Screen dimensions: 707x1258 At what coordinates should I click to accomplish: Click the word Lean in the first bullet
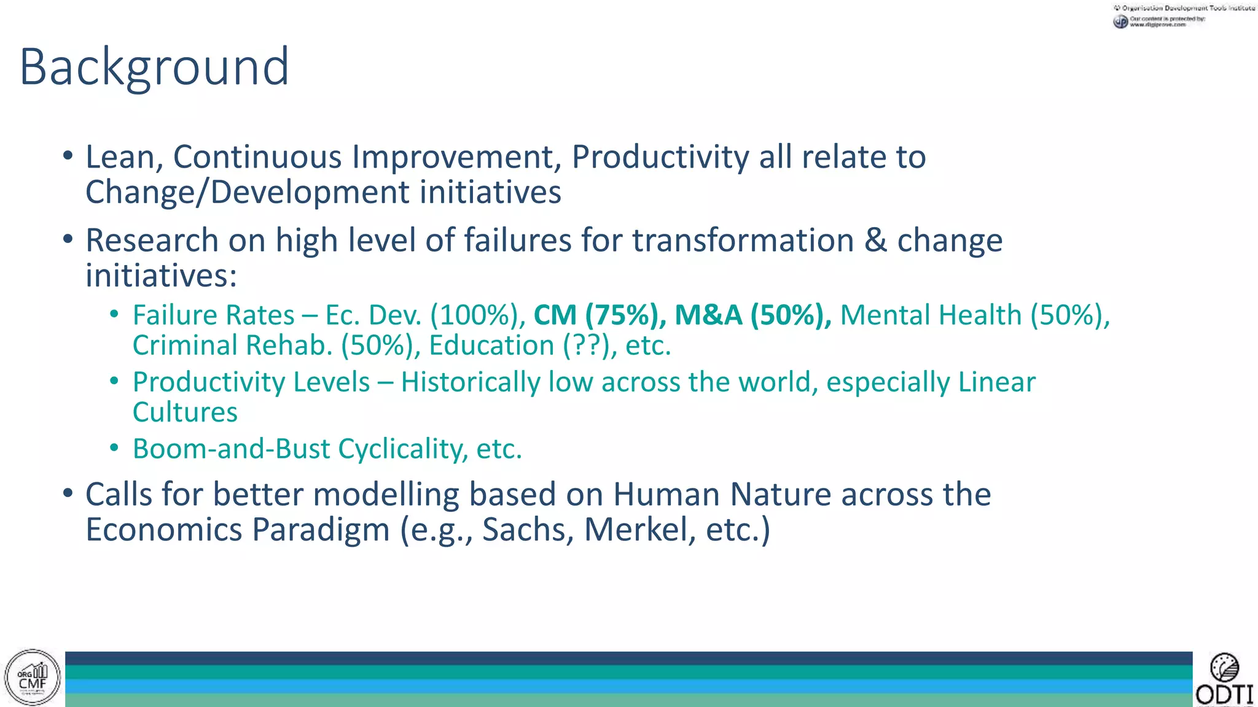click(120, 157)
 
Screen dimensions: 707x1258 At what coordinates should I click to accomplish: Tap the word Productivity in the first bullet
click(660, 157)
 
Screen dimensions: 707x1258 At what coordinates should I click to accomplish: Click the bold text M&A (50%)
click(752, 315)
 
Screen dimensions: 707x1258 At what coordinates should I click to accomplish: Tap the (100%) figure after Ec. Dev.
click(477, 315)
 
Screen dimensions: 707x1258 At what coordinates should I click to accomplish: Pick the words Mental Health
click(931, 315)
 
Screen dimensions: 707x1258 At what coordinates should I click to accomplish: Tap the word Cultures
click(185, 412)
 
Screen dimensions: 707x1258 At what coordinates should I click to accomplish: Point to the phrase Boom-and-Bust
click(232, 449)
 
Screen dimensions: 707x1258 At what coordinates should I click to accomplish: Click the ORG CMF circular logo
click(33, 678)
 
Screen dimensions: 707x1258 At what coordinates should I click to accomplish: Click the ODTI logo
click(1224, 680)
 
